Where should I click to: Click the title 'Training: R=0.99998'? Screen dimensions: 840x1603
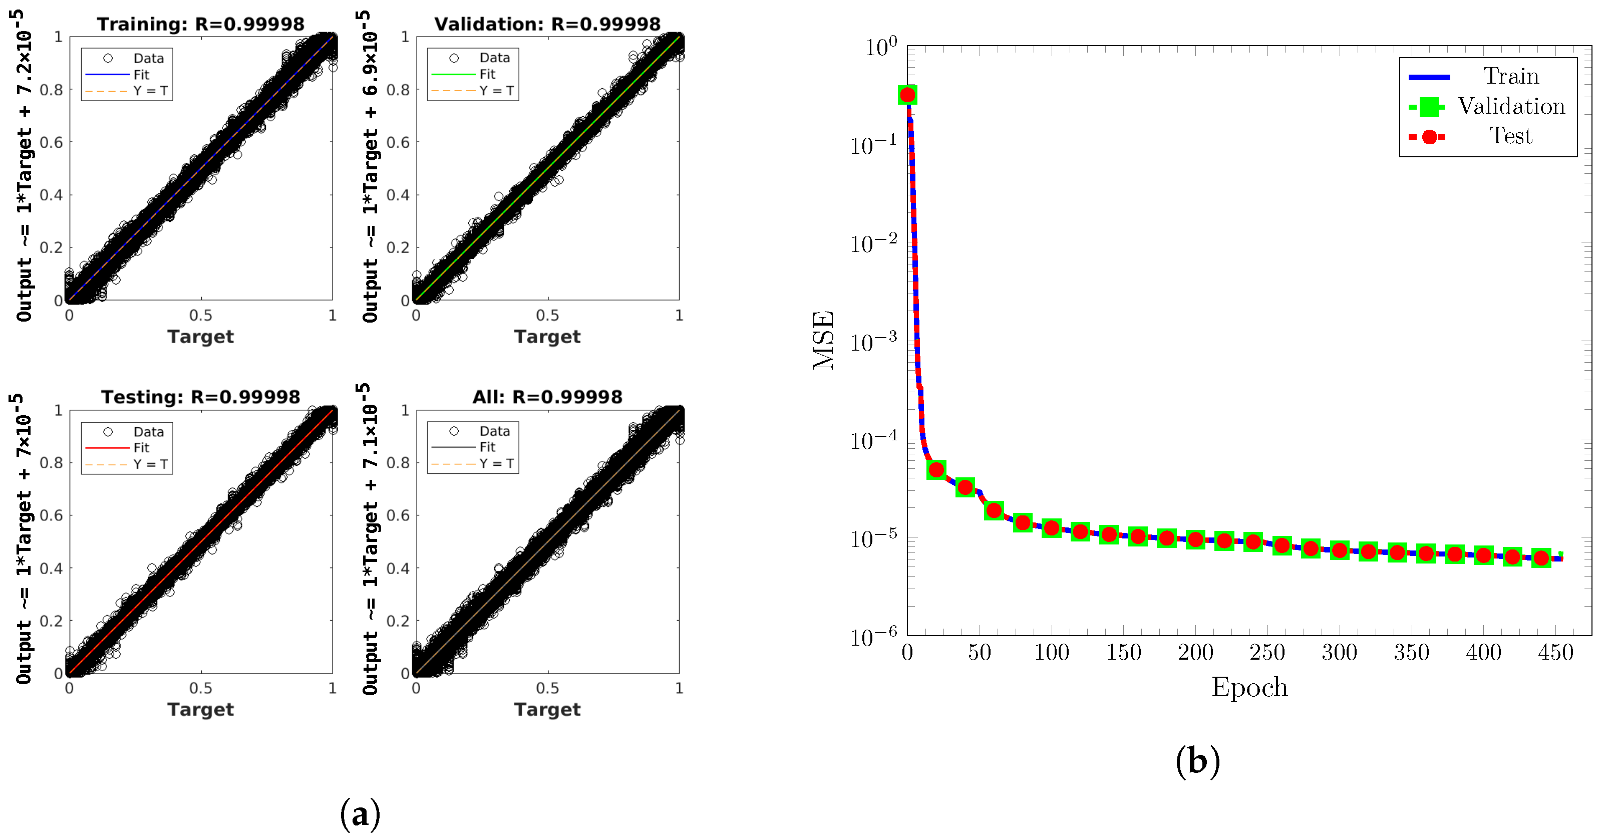click(200, 24)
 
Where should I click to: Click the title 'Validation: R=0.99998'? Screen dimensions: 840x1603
click(547, 24)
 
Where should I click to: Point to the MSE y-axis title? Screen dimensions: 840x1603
click(823, 340)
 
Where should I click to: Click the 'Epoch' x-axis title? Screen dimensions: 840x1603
click(1249, 687)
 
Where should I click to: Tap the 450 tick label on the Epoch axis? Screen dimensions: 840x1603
click(1555, 652)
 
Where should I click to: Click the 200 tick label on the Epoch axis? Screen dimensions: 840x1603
click(1195, 652)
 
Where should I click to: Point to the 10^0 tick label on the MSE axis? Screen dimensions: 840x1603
click(880, 46)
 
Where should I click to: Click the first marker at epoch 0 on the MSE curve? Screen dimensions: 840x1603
click(907, 95)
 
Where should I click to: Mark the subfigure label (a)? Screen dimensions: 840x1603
click(360, 813)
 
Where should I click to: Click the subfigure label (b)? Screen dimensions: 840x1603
click(1197, 760)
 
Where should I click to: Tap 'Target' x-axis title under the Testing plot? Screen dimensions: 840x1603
click(200, 709)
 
